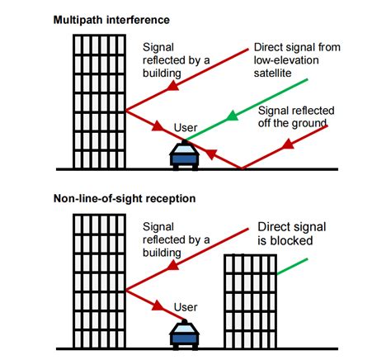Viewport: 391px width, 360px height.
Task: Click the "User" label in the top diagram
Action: [x=186, y=128]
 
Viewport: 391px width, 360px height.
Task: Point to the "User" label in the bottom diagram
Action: [x=186, y=306]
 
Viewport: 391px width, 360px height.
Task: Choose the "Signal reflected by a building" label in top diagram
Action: [x=176, y=60]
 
